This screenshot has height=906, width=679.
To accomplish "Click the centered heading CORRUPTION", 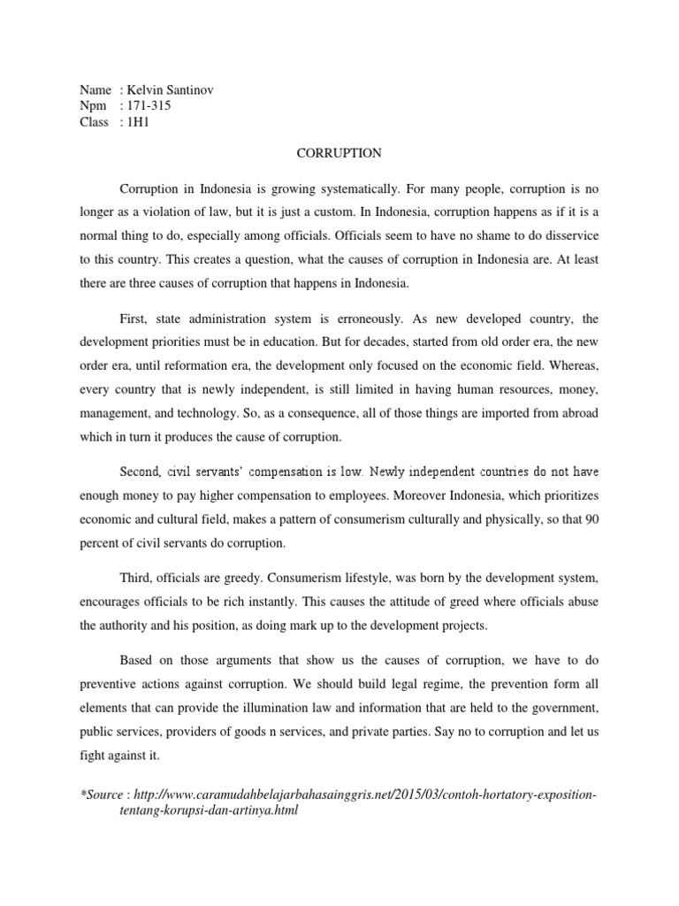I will pyautogui.click(x=339, y=153).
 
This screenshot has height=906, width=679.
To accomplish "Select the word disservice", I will pyautogui.click(x=566, y=237).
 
